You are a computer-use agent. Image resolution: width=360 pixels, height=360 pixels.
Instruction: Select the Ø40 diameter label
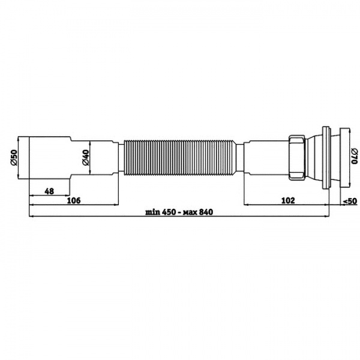86,158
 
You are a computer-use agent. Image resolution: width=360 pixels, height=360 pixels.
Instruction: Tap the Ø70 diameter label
354,158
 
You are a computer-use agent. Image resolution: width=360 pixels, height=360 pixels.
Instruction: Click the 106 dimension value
74,200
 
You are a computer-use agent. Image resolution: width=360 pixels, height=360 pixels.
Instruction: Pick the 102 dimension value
287,200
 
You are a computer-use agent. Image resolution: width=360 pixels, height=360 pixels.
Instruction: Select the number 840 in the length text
206,212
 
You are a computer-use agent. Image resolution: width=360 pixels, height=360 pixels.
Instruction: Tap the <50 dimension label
350,200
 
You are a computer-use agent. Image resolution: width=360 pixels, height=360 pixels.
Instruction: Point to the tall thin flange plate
326,158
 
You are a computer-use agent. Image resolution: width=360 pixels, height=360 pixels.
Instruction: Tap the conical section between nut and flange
313,158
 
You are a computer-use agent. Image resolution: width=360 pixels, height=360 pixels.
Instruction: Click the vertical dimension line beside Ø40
91,158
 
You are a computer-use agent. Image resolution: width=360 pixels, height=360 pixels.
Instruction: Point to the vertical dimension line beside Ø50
20,158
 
